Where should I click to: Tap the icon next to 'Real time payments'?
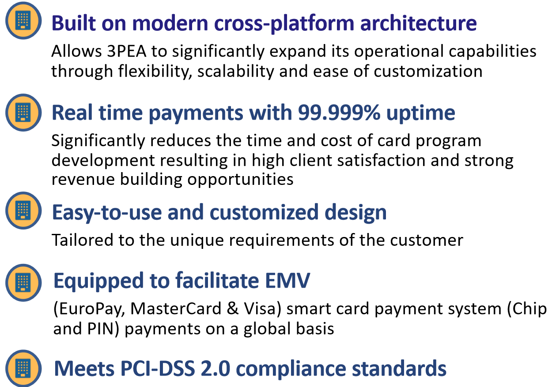(x=23, y=113)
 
